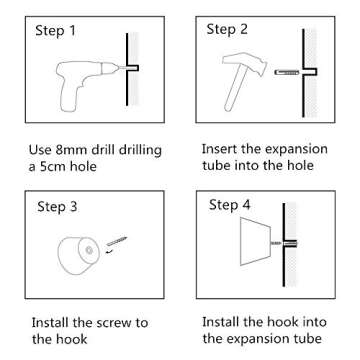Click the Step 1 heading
pyautogui.click(x=55, y=31)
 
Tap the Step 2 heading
pyautogui.click(x=227, y=29)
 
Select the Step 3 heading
pyautogui.click(x=57, y=207)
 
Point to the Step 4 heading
pyautogui.click(x=229, y=205)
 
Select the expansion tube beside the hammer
pyautogui.click(x=286, y=72)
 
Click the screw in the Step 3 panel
pyautogui.click(x=117, y=241)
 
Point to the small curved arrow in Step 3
pyautogui.click(x=108, y=252)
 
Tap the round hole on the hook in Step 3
pyautogui.click(x=89, y=250)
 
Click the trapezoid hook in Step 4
pyautogui.click(x=256, y=241)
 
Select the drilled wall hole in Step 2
pyautogui.click(x=310, y=72)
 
